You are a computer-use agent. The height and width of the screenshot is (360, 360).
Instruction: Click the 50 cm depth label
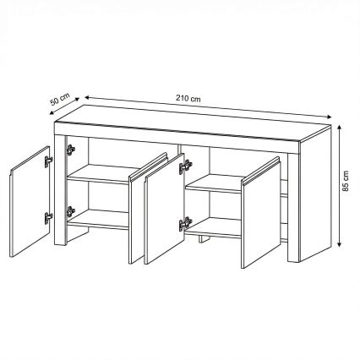60,99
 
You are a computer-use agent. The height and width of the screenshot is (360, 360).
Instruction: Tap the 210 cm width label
188,99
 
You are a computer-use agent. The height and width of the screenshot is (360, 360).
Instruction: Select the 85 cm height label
346,181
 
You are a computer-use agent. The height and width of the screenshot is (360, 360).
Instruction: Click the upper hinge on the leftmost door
48,161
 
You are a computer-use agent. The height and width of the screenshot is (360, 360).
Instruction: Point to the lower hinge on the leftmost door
48,217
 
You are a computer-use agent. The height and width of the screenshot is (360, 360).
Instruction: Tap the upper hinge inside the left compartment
71,150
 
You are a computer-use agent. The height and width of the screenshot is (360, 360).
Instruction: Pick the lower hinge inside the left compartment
71,211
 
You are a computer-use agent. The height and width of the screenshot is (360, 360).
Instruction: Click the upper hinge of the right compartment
185,166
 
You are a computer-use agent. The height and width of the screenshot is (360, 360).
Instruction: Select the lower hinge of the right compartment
185,224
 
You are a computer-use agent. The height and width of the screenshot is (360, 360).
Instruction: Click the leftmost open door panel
30,201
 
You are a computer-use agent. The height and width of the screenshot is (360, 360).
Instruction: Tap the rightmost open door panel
261,212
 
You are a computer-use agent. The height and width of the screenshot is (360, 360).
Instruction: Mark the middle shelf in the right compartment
214,183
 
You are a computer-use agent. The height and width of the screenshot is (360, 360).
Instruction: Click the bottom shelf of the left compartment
99,220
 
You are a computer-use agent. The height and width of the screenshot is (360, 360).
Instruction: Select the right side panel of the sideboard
315,194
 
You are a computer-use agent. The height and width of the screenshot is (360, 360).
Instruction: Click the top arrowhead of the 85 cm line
340,128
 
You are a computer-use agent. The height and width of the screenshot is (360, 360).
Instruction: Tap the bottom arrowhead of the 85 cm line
340,243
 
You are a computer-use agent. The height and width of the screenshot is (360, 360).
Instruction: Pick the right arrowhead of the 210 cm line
327,117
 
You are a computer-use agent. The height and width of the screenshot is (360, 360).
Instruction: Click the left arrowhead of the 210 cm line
88,97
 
